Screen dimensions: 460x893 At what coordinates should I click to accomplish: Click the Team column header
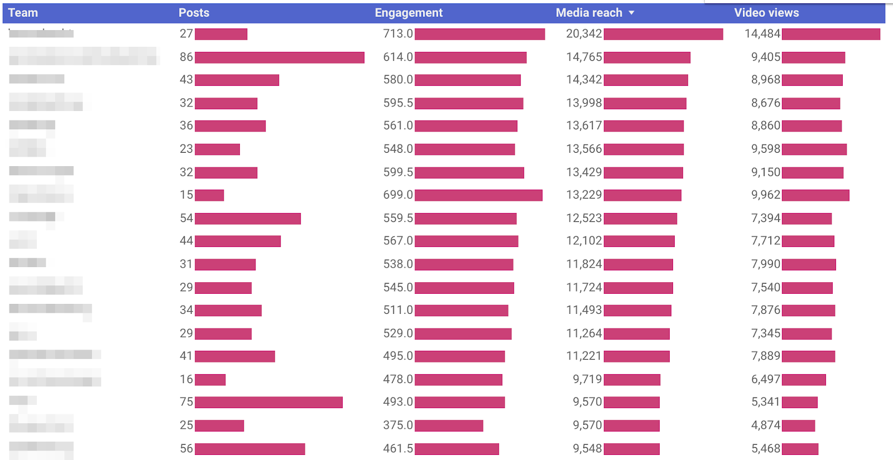[x=23, y=13]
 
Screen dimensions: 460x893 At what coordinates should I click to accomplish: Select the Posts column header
[x=194, y=13]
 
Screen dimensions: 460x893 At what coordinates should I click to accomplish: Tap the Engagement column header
[x=409, y=13]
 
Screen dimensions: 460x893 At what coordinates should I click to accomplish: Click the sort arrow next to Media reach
[x=631, y=13]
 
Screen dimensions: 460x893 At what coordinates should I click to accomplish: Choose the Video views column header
[x=766, y=13]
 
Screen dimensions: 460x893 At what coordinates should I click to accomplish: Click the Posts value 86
[x=186, y=57]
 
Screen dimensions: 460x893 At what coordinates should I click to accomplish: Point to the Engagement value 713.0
[x=398, y=34]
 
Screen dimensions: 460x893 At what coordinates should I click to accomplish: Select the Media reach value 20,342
[x=584, y=34]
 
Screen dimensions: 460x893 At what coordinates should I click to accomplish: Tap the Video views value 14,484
[x=762, y=34]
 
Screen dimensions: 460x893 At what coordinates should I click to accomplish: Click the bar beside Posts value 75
[x=268, y=402]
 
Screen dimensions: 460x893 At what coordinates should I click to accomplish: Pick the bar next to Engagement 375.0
[x=449, y=425]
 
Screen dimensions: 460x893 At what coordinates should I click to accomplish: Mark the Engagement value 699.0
[x=398, y=195]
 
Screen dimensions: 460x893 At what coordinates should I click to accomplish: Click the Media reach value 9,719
[x=587, y=379]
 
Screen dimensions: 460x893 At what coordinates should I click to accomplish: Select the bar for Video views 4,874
[x=798, y=425]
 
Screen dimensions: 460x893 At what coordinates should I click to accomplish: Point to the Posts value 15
[x=186, y=195]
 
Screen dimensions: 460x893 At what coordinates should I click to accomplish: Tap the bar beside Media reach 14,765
[x=647, y=57]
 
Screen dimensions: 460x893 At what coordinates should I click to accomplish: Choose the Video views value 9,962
[x=766, y=195]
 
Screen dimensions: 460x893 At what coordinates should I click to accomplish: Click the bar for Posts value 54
[x=248, y=219]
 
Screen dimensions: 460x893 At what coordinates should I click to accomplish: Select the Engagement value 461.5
[x=398, y=448]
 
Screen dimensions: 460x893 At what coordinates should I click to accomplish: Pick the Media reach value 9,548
[x=587, y=448]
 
